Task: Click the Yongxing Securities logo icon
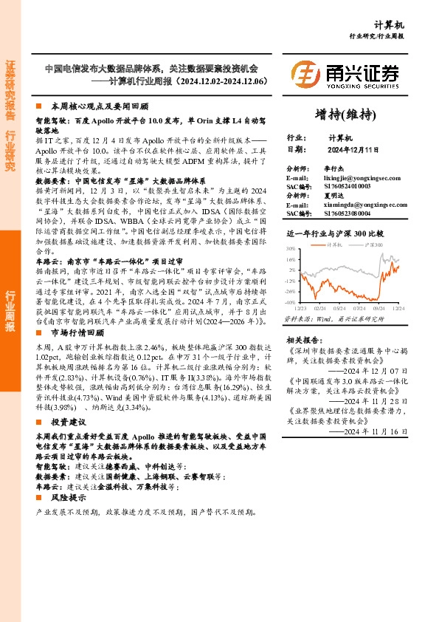coord(304,75)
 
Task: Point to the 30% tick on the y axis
coord(291,250)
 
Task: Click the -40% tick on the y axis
coord(290,302)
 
